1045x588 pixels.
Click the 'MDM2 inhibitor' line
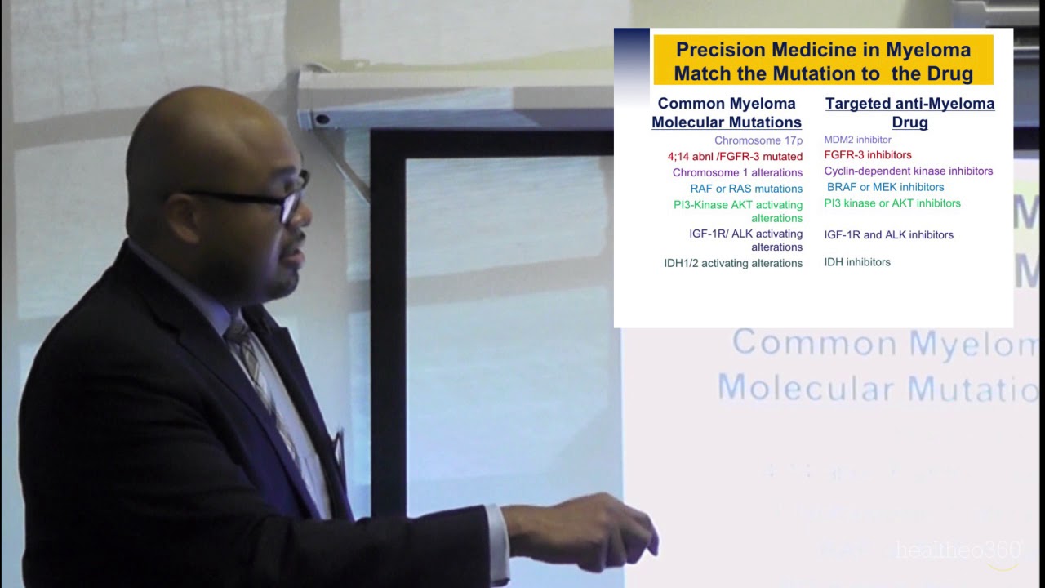[857, 140]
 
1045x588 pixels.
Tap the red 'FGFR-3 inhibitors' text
[867, 155]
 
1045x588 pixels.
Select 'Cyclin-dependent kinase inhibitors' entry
[908, 171]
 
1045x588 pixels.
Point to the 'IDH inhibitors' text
[856, 262]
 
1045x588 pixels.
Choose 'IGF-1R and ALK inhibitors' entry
[888, 235]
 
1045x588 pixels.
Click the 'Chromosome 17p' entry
[758, 140]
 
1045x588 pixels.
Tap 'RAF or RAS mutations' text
[746, 189]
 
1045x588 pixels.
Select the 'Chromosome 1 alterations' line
[737, 172]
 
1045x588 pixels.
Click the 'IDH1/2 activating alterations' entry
[733, 263]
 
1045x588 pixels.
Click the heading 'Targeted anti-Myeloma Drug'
[909, 113]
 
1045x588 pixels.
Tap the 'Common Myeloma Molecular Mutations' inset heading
[726, 113]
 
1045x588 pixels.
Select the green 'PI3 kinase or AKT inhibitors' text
[892, 203]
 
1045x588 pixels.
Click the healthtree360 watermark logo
[958, 550]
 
